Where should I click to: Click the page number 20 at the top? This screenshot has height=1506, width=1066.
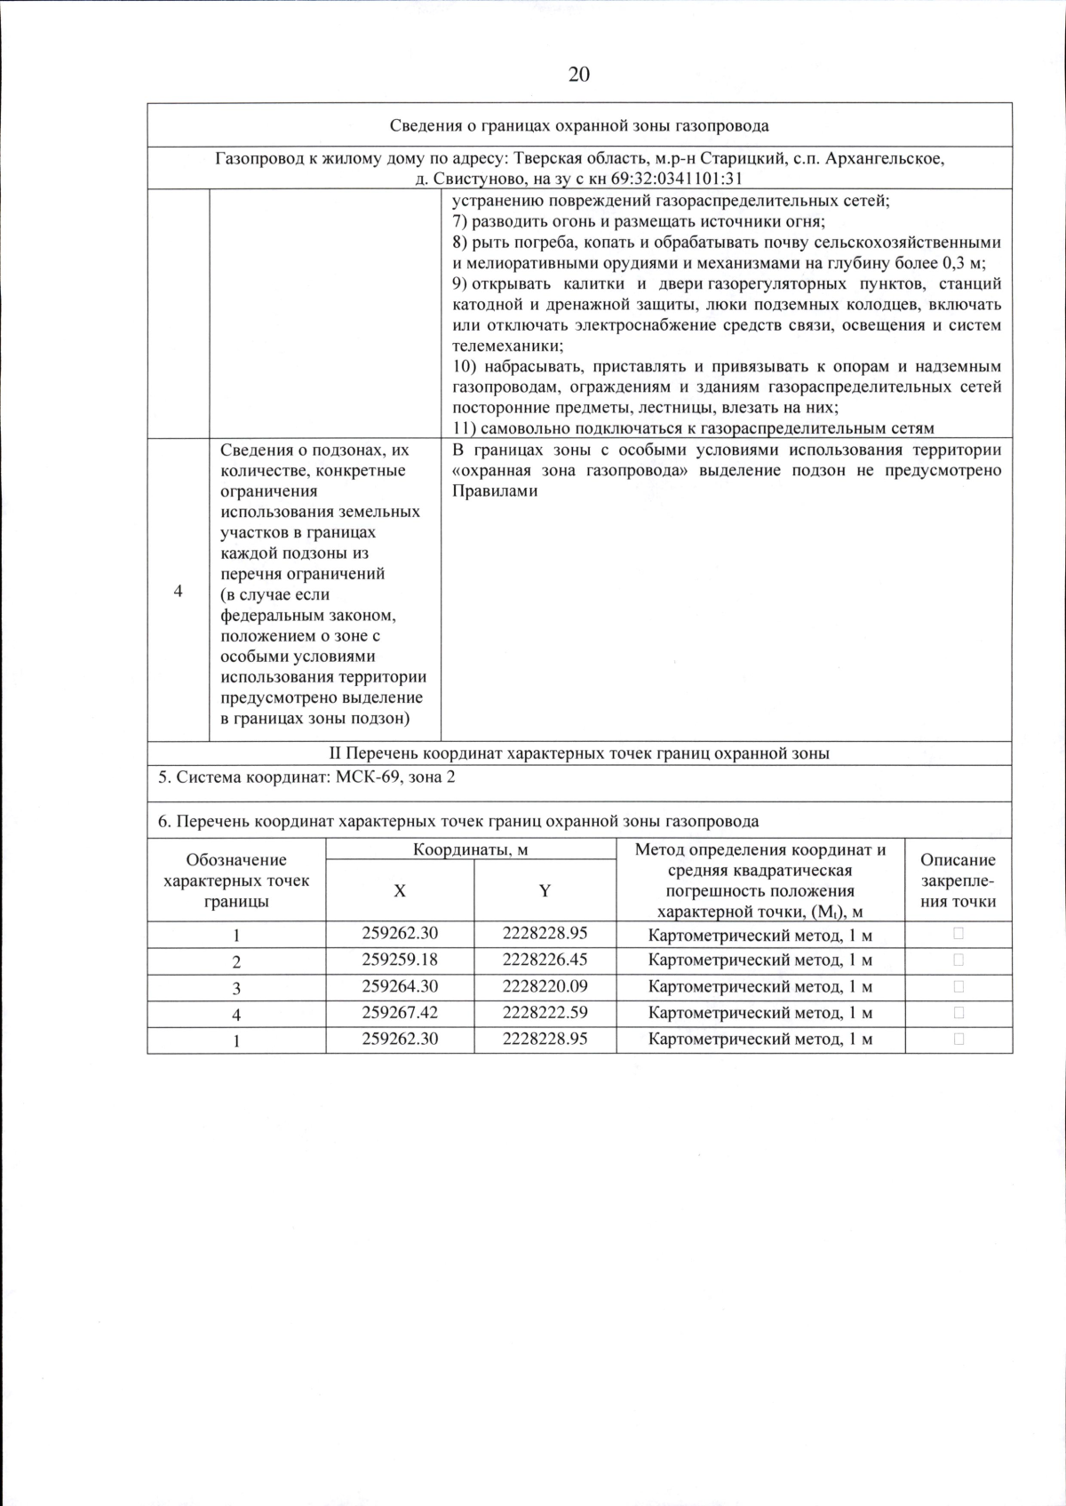(578, 74)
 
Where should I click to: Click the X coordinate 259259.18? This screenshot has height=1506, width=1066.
(400, 960)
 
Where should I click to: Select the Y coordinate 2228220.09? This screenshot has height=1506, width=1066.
(545, 986)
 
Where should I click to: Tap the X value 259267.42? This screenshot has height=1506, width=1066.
(400, 1012)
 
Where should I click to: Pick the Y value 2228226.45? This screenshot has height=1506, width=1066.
(545, 960)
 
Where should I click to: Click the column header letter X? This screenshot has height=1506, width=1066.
(400, 890)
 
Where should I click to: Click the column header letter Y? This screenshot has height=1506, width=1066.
(545, 890)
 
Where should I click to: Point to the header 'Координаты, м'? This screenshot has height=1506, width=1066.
(471, 849)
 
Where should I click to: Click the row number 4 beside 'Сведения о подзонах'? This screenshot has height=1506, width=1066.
(179, 592)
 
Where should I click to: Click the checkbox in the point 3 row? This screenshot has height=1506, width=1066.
(959, 986)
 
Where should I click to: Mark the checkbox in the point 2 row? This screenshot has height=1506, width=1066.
(959, 960)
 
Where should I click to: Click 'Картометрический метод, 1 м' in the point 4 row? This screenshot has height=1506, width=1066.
(760, 1013)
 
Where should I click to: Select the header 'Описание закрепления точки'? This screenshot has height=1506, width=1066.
(958, 880)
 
